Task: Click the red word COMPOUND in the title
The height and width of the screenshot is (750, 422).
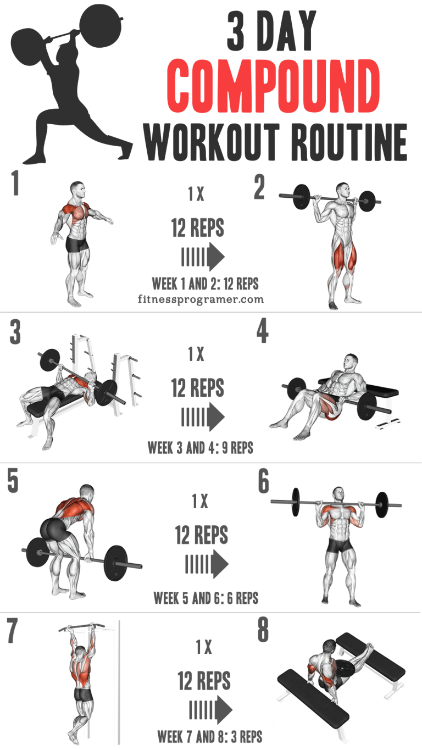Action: [x=273, y=87]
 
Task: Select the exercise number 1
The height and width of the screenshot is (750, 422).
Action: [x=15, y=184]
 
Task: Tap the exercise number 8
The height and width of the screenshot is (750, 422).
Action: [x=263, y=631]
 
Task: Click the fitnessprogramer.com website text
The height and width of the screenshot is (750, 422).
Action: [x=201, y=299]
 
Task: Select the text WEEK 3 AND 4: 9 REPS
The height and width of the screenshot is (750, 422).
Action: [x=200, y=447]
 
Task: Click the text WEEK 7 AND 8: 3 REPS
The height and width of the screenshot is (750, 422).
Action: [x=209, y=736]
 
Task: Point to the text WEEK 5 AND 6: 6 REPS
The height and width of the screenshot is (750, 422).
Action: [x=206, y=597]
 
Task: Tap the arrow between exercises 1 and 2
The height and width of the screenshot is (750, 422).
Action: [x=203, y=257]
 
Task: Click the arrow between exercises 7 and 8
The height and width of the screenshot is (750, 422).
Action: [x=210, y=710]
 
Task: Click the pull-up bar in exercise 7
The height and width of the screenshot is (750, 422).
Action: [x=83, y=626]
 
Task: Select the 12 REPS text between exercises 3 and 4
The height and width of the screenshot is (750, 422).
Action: [x=197, y=388]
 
